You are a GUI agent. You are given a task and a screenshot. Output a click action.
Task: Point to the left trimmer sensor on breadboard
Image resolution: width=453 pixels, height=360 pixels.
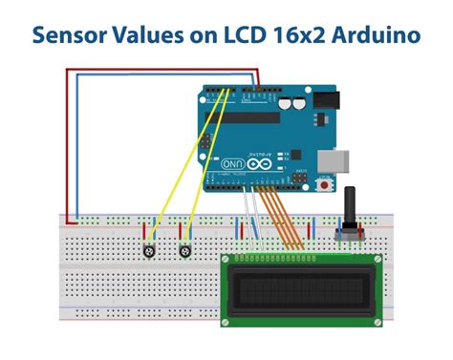149,250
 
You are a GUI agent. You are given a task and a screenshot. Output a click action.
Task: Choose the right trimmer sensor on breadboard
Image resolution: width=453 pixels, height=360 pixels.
186,250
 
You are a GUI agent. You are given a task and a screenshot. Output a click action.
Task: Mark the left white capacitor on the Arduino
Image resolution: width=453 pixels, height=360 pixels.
283,97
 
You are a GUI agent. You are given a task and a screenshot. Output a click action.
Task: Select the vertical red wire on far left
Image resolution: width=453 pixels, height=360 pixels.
66,143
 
